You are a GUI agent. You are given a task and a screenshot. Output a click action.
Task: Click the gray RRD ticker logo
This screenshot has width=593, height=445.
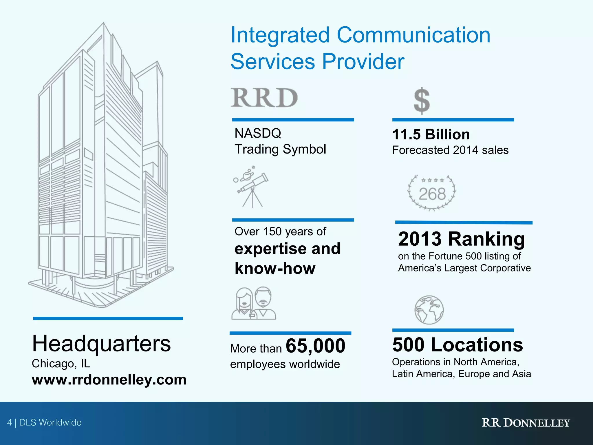[x=264, y=98]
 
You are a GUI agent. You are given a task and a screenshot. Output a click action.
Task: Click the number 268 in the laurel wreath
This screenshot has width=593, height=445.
[x=432, y=194]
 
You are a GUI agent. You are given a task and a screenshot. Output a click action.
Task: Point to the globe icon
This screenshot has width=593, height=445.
[x=429, y=310]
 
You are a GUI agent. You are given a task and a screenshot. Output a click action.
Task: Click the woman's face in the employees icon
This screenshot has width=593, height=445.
[x=244, y=299]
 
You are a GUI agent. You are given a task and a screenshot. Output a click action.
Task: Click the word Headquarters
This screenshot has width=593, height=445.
[x=101, y=344]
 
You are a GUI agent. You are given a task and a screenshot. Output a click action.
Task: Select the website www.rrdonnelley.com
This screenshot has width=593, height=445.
[x=109, y=380]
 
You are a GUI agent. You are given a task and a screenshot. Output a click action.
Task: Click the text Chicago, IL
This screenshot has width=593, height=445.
[x=61, y=363]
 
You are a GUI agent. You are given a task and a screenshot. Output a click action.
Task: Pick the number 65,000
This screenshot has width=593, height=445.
[x=315, y=346]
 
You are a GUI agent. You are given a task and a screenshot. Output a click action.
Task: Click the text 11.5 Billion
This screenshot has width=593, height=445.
[x=431, y=134]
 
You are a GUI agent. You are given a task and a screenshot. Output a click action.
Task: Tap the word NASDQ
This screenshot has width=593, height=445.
[x=258, y=133]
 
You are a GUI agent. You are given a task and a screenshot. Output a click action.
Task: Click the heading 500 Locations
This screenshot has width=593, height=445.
[x=457, y=345]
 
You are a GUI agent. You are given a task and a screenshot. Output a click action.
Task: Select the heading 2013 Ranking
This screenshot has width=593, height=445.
[x=462, y=239]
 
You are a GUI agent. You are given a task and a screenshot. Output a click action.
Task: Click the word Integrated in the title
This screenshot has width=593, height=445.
[x=280, y=35]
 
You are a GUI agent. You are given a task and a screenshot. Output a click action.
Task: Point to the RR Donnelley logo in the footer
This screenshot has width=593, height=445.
[x=526, y=423]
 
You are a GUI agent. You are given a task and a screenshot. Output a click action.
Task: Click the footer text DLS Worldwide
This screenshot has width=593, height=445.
[x=50, y=422]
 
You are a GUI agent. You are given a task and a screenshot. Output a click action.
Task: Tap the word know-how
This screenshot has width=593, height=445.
[x=275, y=268]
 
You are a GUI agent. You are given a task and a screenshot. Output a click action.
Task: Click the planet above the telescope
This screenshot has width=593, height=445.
[x=247, y=175]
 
